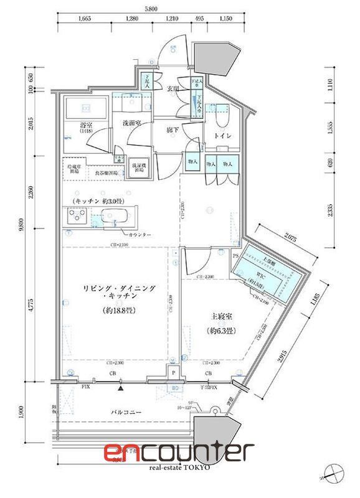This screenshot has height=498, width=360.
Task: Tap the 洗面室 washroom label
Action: click(x=131, y=123)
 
